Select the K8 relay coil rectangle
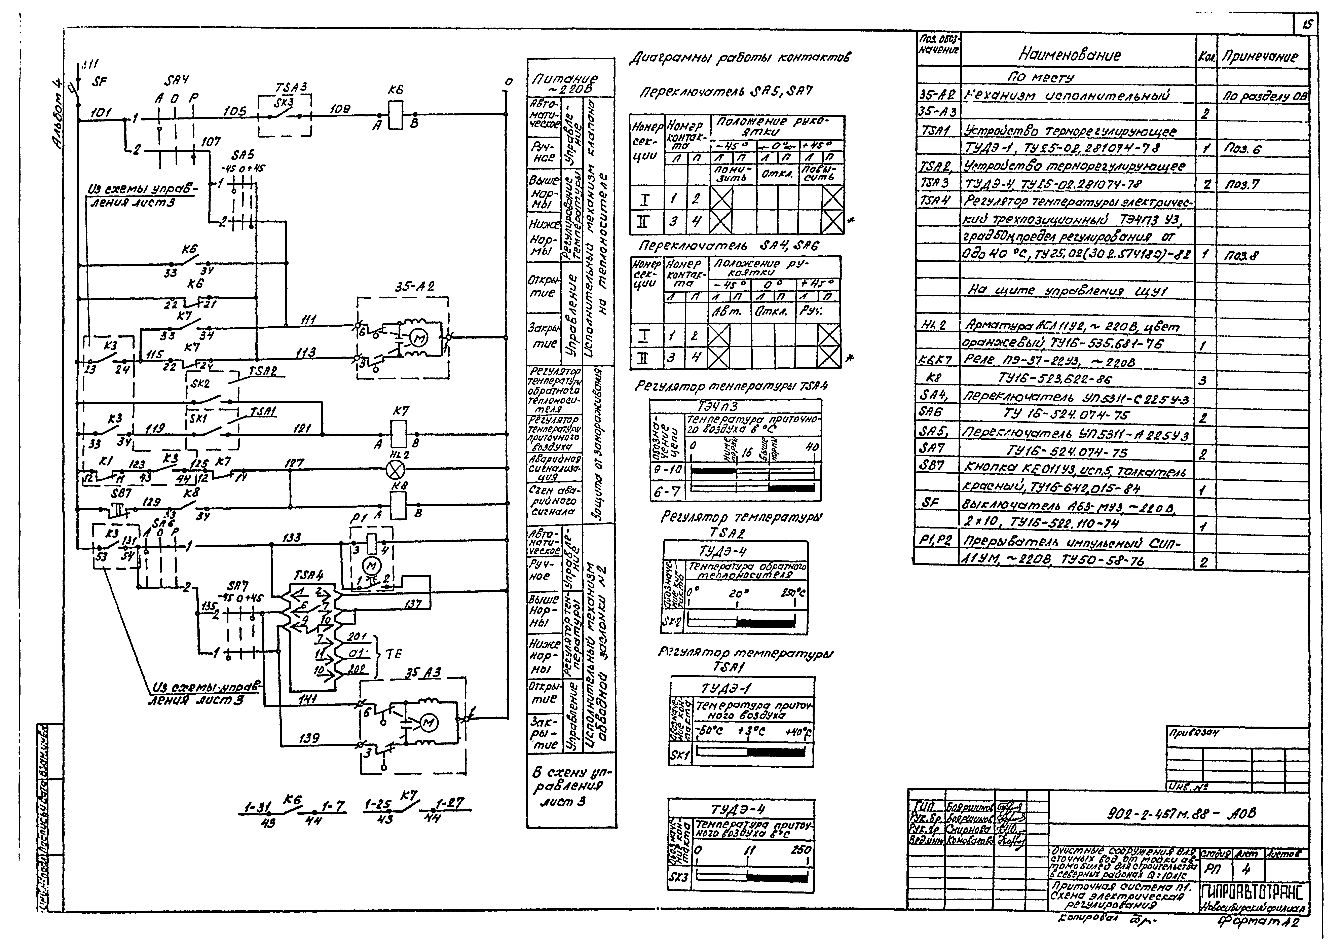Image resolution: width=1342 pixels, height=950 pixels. pos(398,504)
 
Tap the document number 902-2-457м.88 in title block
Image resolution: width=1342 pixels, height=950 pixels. pos(1181,814)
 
